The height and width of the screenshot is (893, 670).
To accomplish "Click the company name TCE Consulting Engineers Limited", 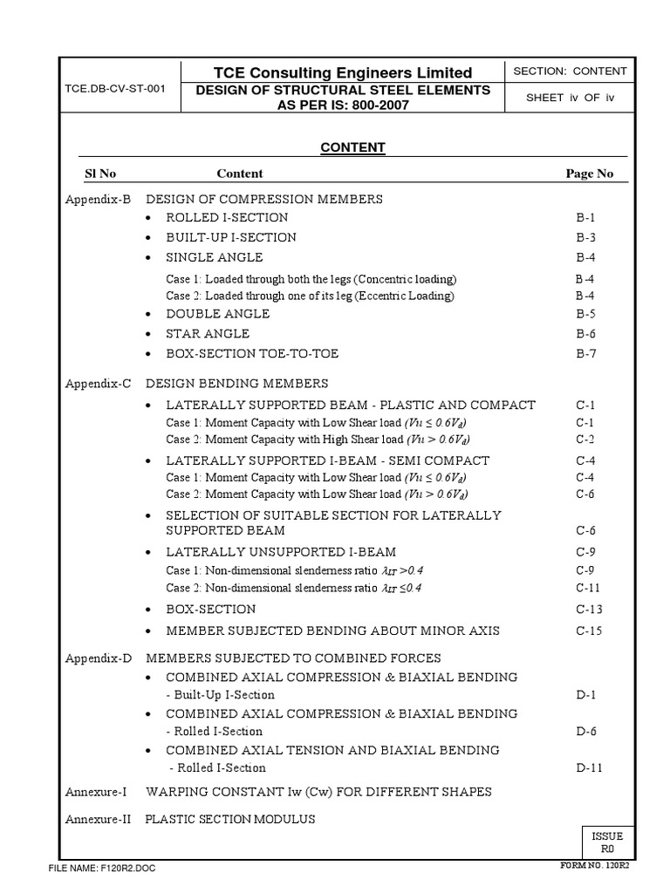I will point(343,72).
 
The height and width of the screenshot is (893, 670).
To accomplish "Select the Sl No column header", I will point(100,174).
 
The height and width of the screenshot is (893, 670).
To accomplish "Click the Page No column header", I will point(590,174).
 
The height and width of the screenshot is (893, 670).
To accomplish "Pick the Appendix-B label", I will point(98,199).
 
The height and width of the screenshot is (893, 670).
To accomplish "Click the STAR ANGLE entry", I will point(208,333).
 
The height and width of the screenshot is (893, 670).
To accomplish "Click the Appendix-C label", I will point(98,383).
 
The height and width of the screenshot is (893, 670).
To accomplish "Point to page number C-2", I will point(585,439).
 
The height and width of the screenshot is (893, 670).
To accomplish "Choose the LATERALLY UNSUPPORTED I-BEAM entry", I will point(281,551).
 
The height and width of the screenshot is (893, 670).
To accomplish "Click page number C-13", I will point(589,609).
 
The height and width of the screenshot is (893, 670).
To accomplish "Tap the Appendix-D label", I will point(98,658).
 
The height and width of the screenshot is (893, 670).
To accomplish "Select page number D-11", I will point(590,767).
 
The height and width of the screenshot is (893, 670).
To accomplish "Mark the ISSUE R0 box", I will point(608,842).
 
